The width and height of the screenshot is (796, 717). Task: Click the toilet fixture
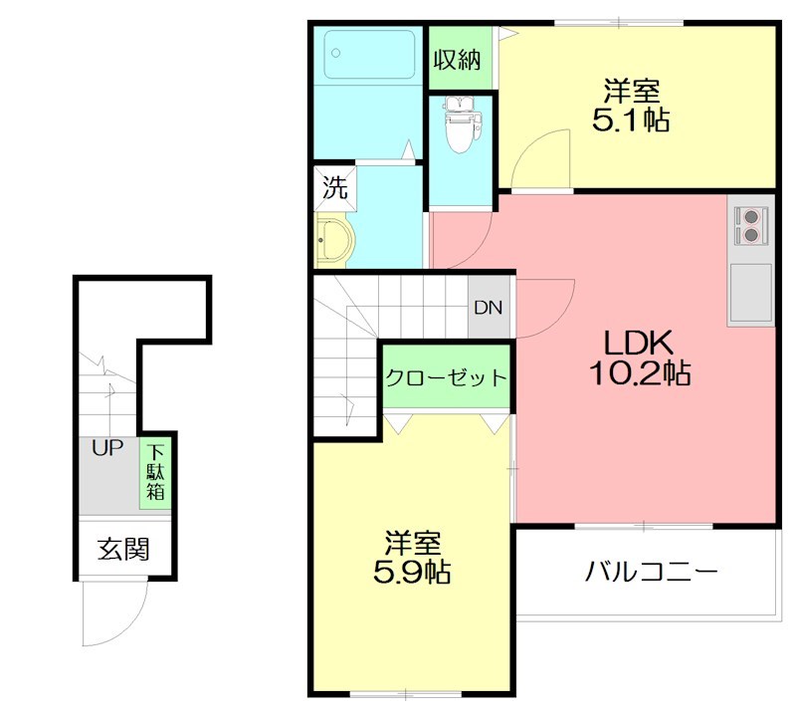(x=461, y=123)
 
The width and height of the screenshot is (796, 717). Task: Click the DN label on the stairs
(x=488, y=308)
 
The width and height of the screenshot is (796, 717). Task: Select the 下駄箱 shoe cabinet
(x=155, y=473)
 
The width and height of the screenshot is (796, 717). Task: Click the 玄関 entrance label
(x=122, y=548)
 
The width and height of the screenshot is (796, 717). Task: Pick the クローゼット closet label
(x=447, y=378)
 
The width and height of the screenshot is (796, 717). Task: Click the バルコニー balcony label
(x=651, y=573)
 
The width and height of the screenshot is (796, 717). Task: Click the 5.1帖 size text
(x=629, y=120)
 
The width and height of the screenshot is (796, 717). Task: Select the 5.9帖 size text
(x=412, y=572)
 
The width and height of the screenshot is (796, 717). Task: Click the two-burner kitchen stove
(x=750, y=224)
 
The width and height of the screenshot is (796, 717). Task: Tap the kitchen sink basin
(x=750, y=291)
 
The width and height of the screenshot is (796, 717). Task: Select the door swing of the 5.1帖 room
(x=542, y=159)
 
